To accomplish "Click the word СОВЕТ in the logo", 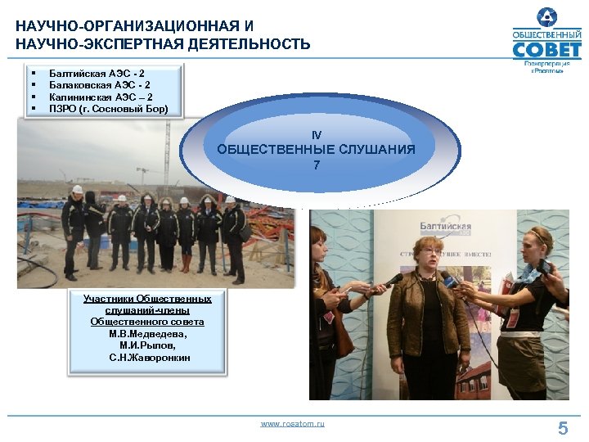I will click(x=546, y=50).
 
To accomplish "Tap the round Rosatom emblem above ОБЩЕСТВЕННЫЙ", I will click(x=546, y=16).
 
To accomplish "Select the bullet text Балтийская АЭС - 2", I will click(x=97, y=74).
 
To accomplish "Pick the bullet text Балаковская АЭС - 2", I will click(x=99, y=85).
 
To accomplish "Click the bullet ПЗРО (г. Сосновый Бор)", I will click(x=108, y=108).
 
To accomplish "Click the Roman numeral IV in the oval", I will click(x=317, y=133).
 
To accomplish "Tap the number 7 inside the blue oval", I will click(x=317, y=165).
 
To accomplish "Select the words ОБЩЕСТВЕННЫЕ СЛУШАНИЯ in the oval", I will click(x=316, y=149).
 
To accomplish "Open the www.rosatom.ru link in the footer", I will click(x=292, y=423).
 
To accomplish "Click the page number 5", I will click(x=563, y=427).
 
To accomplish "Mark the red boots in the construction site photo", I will click(x=186, y=263).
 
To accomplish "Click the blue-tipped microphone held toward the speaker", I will click(x=448, y=280).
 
